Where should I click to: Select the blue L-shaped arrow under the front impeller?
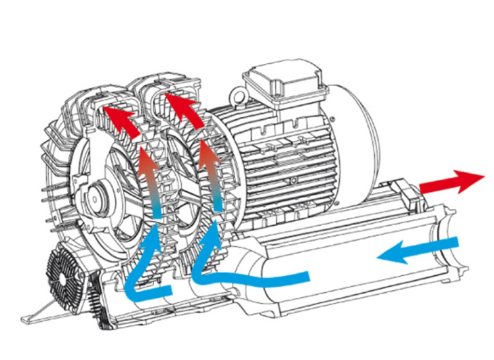click(142, 276)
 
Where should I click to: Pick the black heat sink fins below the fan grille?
click(99, 309)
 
